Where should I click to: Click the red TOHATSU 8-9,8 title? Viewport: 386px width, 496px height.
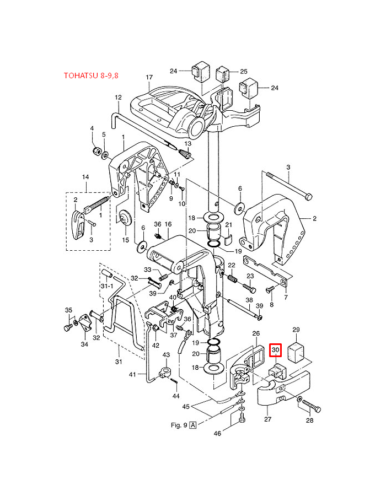point(91,76)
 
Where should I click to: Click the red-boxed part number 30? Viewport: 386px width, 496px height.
point(276,350)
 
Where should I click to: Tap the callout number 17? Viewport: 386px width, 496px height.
point(149,77)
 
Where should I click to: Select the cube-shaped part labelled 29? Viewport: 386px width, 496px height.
point(296,352)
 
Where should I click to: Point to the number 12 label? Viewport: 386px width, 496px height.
point(118,98)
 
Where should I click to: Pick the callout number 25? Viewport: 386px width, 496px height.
point(244,72)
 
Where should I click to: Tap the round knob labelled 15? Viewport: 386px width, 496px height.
point(125,218)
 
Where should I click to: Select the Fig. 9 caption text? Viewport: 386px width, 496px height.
point(179,425)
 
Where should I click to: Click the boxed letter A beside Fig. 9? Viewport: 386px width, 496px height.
point(192,425)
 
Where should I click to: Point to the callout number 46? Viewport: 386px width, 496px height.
point(217,433)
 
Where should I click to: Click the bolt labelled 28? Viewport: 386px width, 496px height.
point(311,406)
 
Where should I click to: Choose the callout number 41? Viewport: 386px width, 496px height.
point(132,375)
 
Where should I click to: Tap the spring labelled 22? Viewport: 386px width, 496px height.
point(233,279)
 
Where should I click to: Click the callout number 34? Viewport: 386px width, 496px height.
point(84,344)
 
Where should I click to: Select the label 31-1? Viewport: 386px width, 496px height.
point(107,286)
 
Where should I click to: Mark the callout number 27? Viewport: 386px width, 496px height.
point(267,419)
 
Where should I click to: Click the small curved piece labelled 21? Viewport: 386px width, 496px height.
point(228,240)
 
